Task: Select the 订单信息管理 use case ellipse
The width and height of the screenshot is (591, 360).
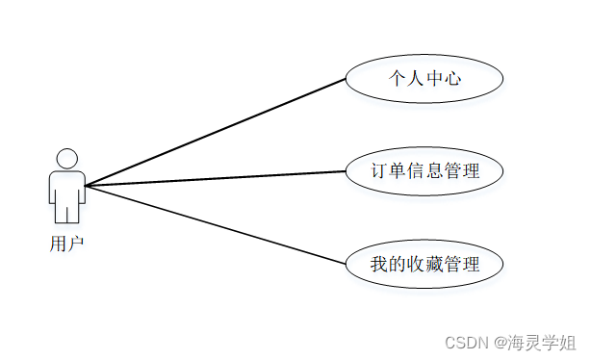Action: click(424, 171)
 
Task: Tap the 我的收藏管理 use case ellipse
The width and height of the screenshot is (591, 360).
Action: click(424, 262)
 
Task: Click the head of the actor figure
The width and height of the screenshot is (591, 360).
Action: click(66, 159)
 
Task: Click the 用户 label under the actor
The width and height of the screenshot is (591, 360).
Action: click(66, 243)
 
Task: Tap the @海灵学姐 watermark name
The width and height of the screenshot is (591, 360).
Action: click(535, 342)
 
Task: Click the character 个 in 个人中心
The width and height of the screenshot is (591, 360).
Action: click(397, 78)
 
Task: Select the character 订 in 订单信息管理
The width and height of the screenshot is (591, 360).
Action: click(379, 171)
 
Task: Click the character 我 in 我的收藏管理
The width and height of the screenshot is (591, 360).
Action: click(379, 263)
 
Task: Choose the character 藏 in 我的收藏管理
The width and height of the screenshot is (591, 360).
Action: click(434, 263)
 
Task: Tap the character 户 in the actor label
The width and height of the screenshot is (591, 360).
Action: click(76, 243)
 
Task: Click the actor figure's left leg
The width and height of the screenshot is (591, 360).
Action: click(60, 211)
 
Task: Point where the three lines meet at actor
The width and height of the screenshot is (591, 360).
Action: click(86, 185)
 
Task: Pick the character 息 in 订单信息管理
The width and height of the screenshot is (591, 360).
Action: click(434, 171)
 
